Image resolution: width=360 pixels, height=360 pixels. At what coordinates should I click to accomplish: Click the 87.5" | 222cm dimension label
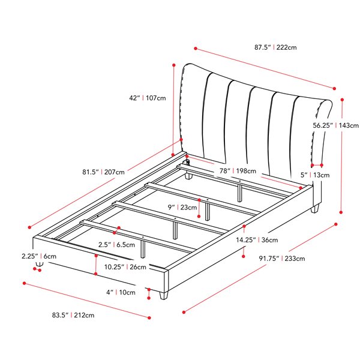pyautogui.click(x=275, y=47)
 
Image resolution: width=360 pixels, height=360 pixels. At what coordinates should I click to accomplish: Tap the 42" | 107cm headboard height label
pyautogui.click(x=148, y=98)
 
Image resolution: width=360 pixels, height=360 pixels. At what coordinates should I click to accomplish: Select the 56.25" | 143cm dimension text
pyautogui.click(x=336, y=125)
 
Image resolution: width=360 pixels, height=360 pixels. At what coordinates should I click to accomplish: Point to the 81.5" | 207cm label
pyautogui.click(x=104, y=172)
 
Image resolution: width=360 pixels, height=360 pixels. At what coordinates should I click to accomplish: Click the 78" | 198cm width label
pyautogui.click(x=238, y=171)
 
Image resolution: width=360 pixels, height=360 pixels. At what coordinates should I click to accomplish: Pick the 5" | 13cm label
pyautogui.click(x=315, y=175)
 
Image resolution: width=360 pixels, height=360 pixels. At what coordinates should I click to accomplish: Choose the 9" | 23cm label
pyautogui.click(x=182, y=208)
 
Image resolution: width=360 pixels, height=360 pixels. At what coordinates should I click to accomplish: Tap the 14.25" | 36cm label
pyautogui.click(x=257, y=240)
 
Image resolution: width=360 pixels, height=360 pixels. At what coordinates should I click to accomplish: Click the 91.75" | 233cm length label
pyautogui.click(x=282, y=259)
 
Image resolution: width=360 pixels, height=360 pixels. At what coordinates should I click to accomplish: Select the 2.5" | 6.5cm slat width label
pyautogui.click(x=116, y=245)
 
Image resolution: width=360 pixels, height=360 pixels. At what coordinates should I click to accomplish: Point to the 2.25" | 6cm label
pyautogui.click(x=39, y=256)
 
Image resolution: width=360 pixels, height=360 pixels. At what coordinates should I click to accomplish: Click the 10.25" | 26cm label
pyautogui.click(x=125, y=267)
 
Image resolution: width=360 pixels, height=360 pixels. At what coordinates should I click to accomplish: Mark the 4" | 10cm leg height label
pyautogui.click(x=121, y=292)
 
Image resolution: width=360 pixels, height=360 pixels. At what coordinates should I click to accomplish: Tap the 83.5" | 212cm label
pyautogui.click(x=73, y=315)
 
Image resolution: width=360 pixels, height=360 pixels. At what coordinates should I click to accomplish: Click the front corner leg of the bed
pyautogui.click(x=164, y=295)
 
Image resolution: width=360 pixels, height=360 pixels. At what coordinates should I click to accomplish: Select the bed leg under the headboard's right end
pyautogui.click(x=315, y=209)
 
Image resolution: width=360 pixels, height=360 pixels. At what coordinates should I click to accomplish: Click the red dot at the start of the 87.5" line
pyautogui.click(x=196, y=49)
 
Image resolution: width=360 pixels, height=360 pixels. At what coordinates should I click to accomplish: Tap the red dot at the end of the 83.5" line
pyautogui.click(x=149, y=318)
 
